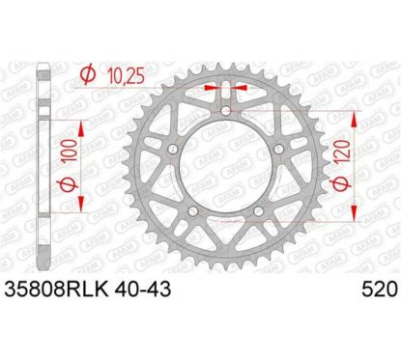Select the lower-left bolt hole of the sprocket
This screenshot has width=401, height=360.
(192, 214)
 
